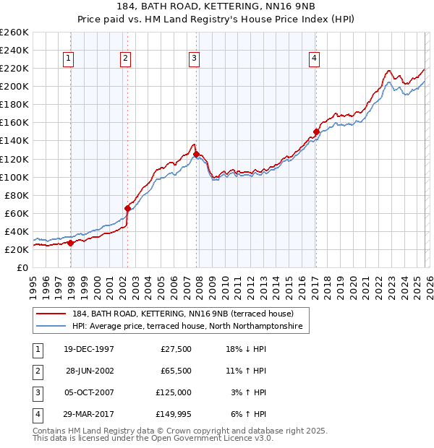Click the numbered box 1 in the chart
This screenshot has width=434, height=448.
[x=68, y=59]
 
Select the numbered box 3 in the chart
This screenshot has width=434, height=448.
[x=195, y=59]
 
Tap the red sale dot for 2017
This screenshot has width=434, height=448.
[x=316, y=132]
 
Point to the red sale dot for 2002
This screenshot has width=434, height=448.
[x=128, y=208]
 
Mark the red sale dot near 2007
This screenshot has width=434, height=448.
[x=196, y=154]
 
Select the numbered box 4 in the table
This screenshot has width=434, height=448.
[x=37, y=414]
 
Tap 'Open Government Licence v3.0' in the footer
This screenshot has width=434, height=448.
[x=213, y=438]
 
